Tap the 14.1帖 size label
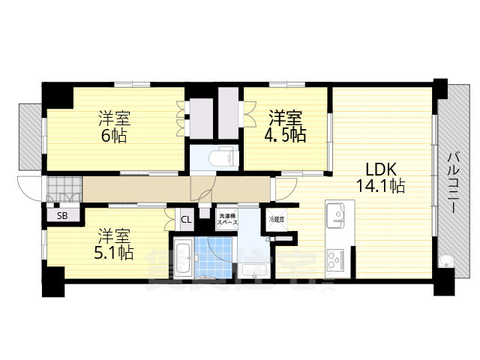pyautogui.click(x=381, y=184)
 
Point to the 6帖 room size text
pyautogui.click(x=114, y=136)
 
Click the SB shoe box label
pyautogui.click(x=62, y=216)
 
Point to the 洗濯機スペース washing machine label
pyautogui.click(x=226, y=220)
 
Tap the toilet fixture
pyautogui.click(x=223, y=158)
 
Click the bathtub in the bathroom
pyautogui.click(x=182, y=259)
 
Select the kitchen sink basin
pyautogui.click(x=337, y=216)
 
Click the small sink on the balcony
pyautogui.click(x=445, y=262)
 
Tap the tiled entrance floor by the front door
pyautogui.click(x=64, y=187)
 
